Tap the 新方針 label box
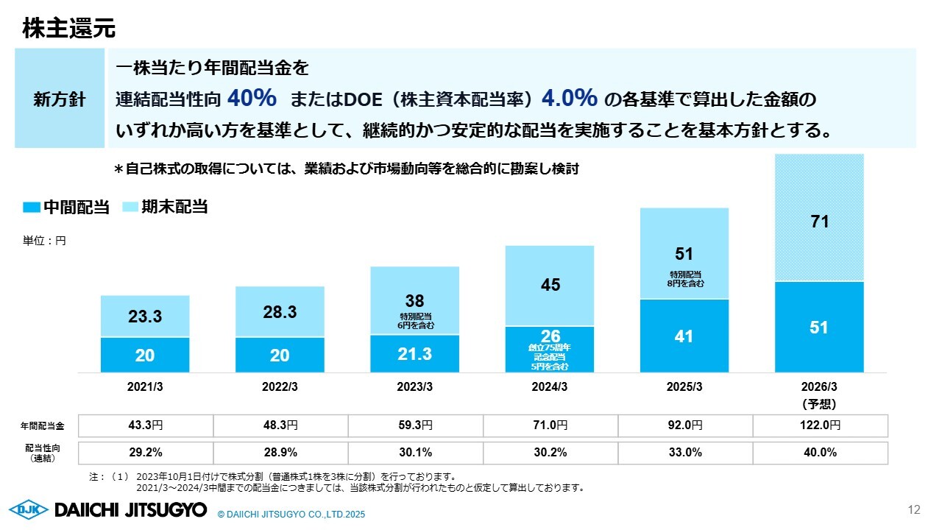[60, 99]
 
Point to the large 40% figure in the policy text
[252, 97]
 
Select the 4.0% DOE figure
[569, 97]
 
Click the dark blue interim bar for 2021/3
[145, 355]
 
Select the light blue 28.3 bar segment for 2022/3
[280, 312]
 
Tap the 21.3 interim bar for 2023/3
[414, 354]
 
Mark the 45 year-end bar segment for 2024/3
[550, 286]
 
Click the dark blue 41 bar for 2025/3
[684, 336]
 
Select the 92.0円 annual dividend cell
[684, 425]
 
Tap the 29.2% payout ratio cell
[145, 453]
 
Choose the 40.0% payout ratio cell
[819, 453]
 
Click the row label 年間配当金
[42, 425]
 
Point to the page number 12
[915, 509]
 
